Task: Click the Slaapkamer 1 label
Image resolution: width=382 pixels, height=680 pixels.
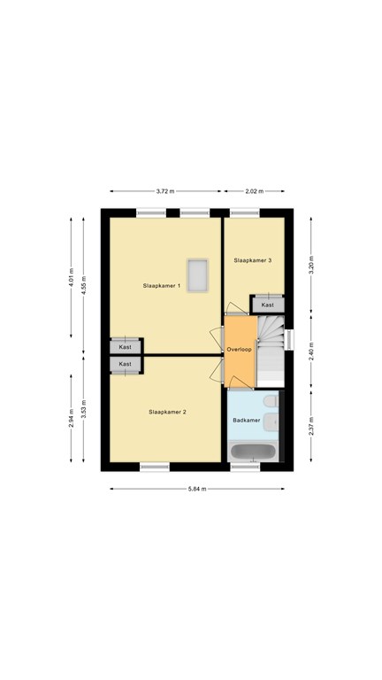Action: pos(162,286)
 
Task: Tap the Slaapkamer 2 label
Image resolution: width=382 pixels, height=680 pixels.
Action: pos(167,412)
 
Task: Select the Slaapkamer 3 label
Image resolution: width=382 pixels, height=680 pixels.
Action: pos(253,260)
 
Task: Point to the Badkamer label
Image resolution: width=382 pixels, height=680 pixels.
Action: pos(247,421)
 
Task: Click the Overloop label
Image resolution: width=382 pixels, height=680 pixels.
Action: pos(239,349)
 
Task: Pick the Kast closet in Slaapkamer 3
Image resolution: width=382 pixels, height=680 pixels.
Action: pos(268,305)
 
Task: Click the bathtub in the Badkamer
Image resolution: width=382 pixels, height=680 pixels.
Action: pos(253,452)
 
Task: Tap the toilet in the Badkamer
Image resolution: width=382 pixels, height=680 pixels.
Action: pos(271,401)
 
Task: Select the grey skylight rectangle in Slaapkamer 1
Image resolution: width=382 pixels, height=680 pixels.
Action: pos(197,275)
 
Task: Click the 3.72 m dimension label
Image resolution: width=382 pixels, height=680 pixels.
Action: pos(165,191)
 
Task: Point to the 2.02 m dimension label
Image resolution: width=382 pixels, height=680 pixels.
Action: pos(254,191)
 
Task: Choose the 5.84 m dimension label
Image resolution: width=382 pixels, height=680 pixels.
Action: pos(197,489)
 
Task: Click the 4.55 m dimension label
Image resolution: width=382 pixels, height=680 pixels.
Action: pos(84,285)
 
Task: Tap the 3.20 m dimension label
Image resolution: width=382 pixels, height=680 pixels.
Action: pos(311,265)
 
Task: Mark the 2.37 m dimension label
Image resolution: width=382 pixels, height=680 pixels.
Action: pos(311,426)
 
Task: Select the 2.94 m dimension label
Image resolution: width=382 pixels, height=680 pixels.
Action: pos(72,418)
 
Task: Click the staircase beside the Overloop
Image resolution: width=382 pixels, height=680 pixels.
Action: pos(271,352)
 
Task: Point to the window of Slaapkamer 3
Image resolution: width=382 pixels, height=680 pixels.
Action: pos(245,212)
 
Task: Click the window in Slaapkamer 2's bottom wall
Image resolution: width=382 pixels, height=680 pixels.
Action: pos(155,467)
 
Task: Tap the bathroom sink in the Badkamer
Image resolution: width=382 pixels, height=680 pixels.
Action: pos(271,421)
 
